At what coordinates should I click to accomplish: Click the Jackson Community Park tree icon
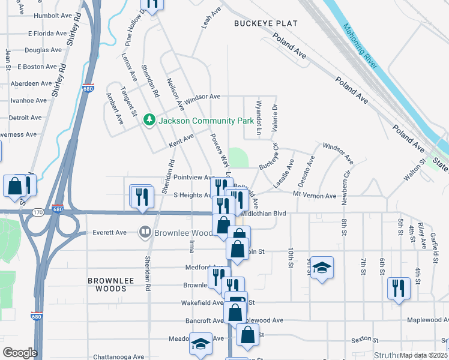point(149,121)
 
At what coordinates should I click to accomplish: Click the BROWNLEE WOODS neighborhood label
point(107,284)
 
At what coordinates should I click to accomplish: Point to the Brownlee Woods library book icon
point(145,232)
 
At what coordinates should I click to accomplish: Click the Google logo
point(20,353)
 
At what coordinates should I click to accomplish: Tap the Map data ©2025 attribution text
point(423,355)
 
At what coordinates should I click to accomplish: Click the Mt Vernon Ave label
point(315,196)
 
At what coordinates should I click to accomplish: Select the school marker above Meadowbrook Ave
point(200,344)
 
